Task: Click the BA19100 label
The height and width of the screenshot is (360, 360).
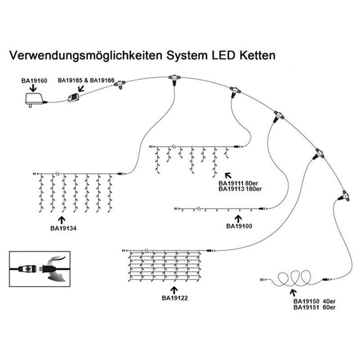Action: tap(239, 225)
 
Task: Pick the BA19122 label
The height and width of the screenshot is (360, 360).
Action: tap(175, 297)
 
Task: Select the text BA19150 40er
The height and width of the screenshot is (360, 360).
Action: tap(315, 301)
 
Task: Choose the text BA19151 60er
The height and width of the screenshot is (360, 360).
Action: tap(315, 307)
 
